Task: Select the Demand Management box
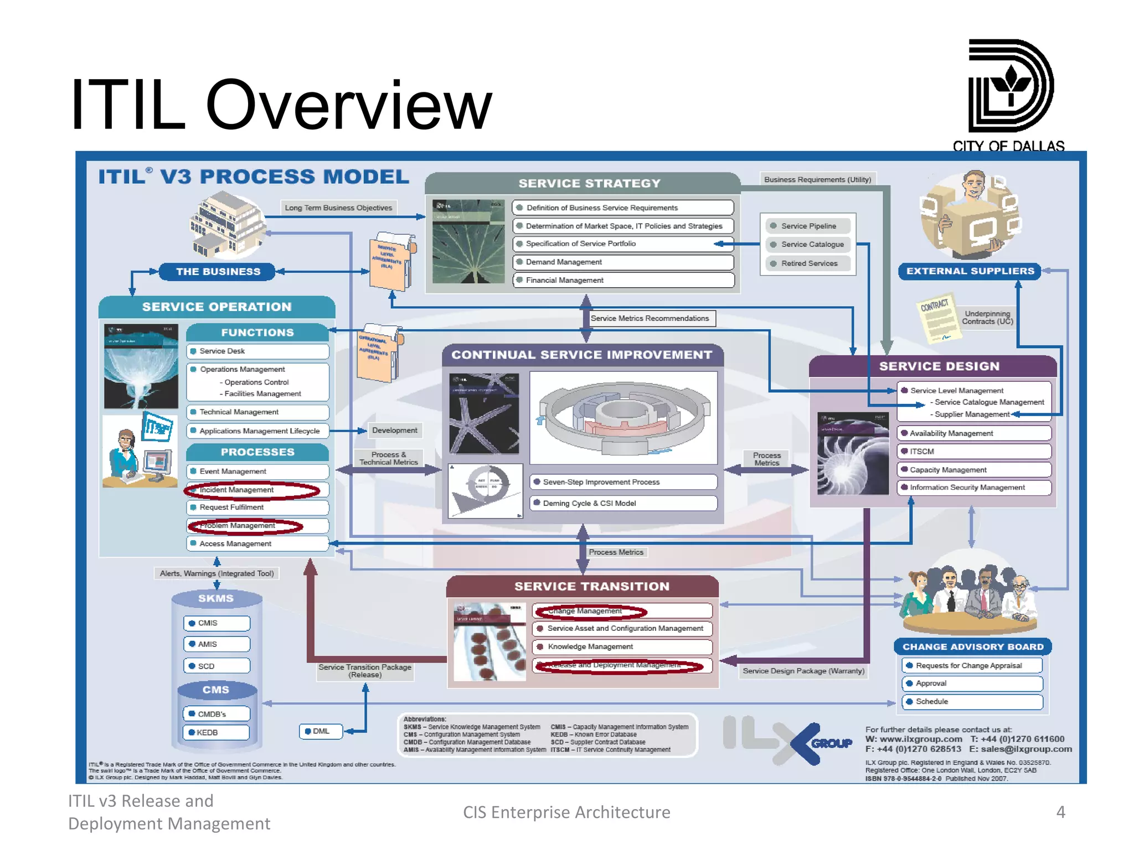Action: (623, 262)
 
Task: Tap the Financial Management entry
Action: (623, 281)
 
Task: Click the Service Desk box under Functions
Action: (257, 351)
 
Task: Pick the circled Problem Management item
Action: (246, 526)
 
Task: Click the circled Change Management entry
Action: (590, 611)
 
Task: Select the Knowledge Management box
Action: (622, 647)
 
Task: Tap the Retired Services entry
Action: (808, 264)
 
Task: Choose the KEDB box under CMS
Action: (217, 733)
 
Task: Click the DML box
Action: (321, 732)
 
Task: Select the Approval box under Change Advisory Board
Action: (972, 684)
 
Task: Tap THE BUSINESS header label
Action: (218, 272)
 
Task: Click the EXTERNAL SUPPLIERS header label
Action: (970, 271)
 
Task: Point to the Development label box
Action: (394, 431)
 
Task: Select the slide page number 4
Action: (1060, 812)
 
